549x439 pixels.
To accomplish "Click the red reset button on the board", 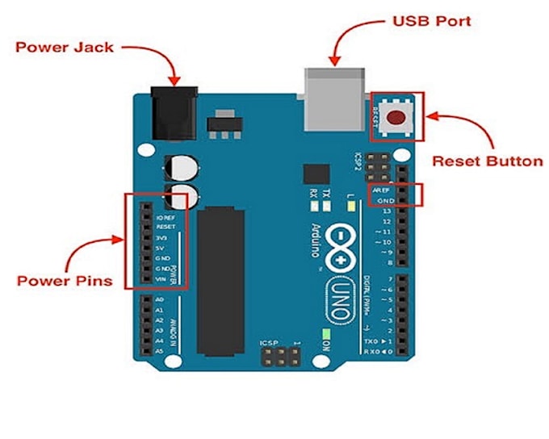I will coord(396,118).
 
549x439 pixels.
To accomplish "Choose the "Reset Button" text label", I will coord(487,161).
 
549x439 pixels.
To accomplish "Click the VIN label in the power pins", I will coord(160,278).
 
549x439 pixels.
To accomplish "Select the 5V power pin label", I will coord(160,248).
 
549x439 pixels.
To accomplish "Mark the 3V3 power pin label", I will coord(160,238).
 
